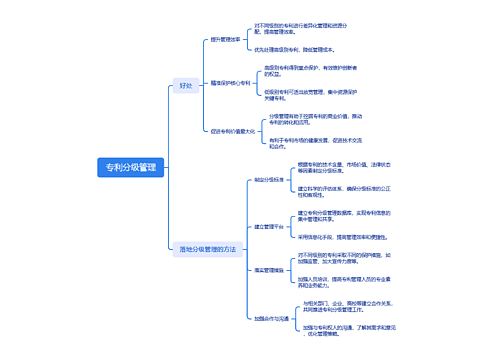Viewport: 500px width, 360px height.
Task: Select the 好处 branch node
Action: coord(186,86)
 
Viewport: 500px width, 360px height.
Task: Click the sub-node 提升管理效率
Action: coord(226,41)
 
